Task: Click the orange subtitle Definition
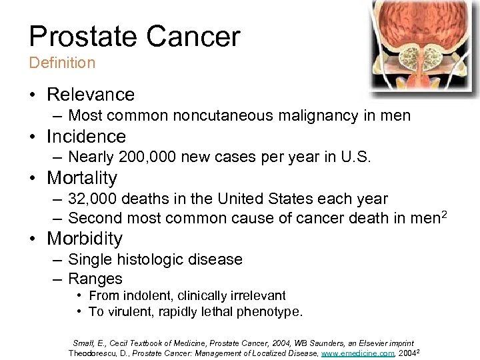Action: point(62,63)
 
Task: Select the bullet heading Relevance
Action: point(90,95)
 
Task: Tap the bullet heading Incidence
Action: point(86,137)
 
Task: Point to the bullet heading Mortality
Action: point(81,178)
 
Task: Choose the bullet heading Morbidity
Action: point(85,239)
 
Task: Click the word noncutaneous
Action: point(215,116)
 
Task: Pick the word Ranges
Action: point(95,279)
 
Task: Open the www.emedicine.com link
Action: point(357,353)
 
